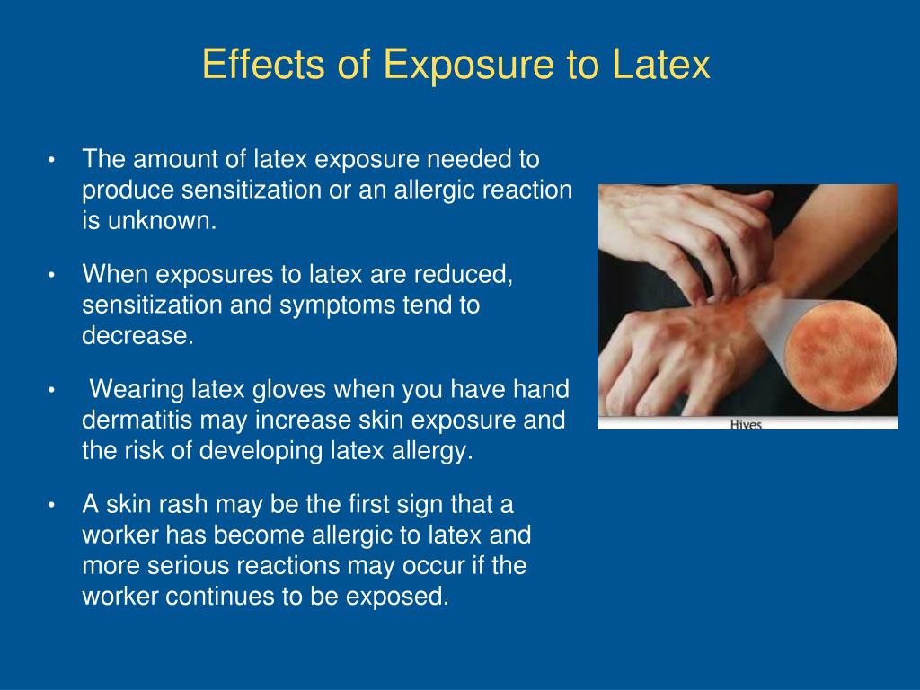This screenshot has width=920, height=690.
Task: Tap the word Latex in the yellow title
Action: [x=661, y=64]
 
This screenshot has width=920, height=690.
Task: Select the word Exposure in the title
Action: [x=468, y=65]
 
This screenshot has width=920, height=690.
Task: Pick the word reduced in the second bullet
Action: [x=463, y=275]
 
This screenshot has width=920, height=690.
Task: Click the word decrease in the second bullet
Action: [x=137, y=336]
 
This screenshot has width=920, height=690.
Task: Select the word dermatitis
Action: [x=137, y=420]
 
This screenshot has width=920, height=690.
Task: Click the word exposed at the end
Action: [x=397, y=597]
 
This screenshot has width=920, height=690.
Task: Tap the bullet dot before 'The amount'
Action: [x=51, y=160]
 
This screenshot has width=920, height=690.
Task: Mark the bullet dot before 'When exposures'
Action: [x=51, y=275]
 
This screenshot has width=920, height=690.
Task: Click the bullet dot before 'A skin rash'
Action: [x=51, y=505]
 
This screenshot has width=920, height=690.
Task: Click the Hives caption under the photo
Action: [x=746, y=424]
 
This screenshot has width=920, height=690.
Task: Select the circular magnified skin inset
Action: [x=840, y=356]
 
